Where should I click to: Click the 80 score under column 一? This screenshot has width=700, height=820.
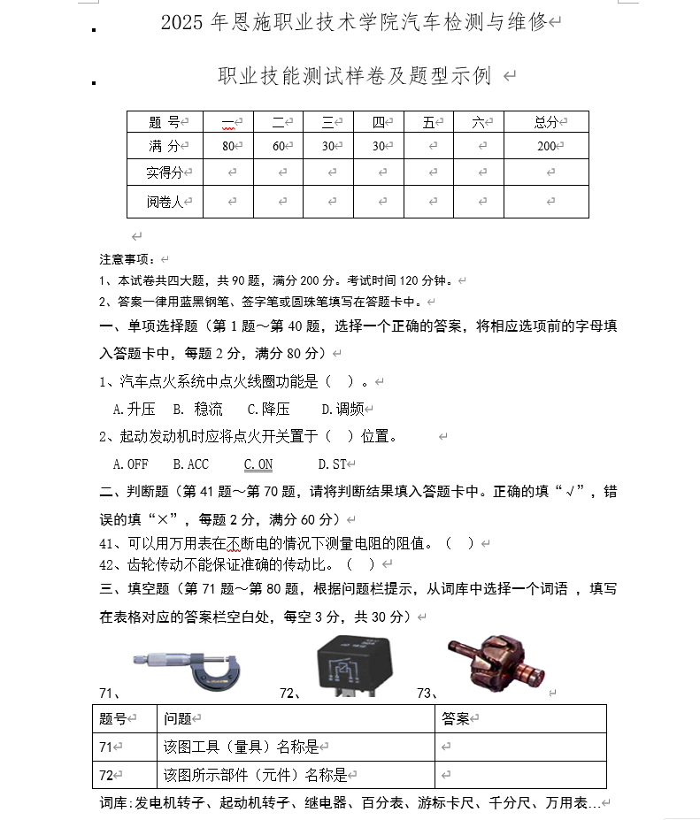pyautogui.click(x=228, y=146)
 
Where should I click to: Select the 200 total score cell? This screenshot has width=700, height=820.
pyautogui.click(x=546, y=146)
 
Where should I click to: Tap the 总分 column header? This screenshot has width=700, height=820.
pyautogui.click(x=546, y=122)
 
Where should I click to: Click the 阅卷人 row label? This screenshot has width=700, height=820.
pyautogui.click(x=165, y=202)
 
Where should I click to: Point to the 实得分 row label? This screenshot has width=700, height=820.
pyautogui.click(x=165, y=172)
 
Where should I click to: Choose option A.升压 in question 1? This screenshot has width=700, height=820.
pyautogui.click(x=135, y=409)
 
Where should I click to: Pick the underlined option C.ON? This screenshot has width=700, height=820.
pyautogui.click(x=258, y=464)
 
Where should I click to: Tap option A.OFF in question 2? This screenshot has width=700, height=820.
pyautogui.click(x=131, y=464)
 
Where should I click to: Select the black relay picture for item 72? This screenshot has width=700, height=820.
pyautogui.click(x=354, y=665)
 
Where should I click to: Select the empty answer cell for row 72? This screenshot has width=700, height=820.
pyautogui.click(x=520, y=775)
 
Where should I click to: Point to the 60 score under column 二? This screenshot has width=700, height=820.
pyautogui.click(x=278, y=146)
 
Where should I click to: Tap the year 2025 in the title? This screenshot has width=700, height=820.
pyautogui.click(x=182, y=23)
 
